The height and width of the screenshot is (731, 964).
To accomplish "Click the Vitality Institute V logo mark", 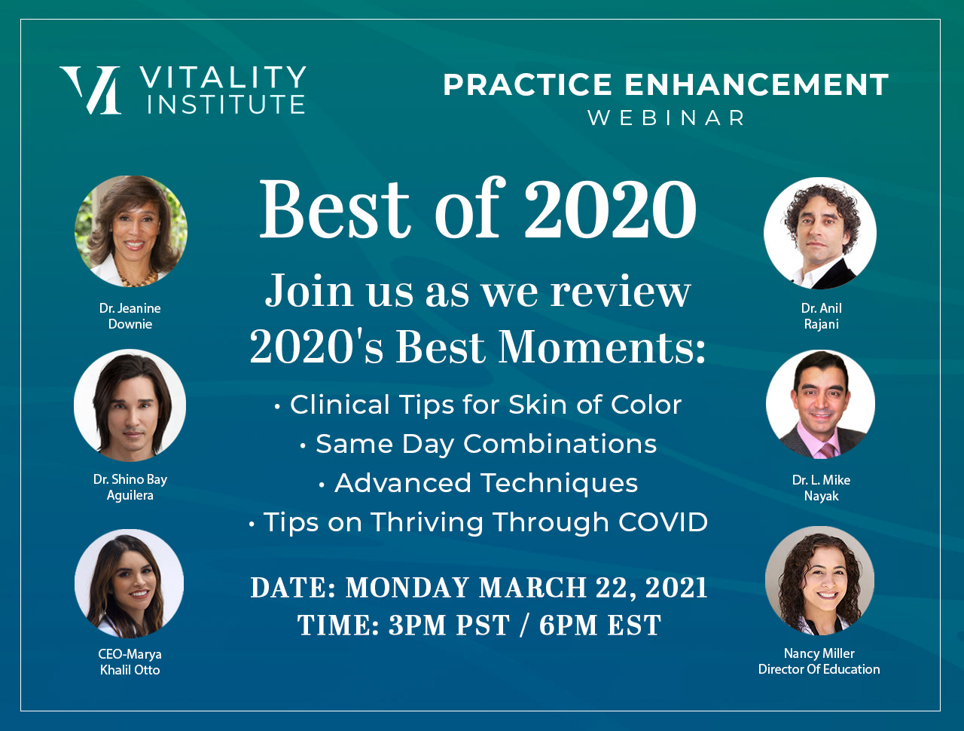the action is point(91,90).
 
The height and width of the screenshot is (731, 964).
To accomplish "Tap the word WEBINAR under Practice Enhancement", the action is point(666,118).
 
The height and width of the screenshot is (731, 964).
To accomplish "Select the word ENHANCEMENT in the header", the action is point(756,84).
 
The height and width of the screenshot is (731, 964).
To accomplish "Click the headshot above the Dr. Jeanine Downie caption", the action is point(131,231).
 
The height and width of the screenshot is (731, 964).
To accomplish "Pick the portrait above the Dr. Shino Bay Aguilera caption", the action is point(130,405).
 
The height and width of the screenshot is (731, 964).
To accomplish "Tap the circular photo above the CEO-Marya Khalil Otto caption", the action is point(130,583).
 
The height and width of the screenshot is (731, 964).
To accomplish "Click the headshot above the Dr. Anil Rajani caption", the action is point(820,234).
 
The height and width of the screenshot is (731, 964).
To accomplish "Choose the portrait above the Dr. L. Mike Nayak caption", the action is point(820,404).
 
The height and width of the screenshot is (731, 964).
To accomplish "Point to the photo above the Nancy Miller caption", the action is point(819,581).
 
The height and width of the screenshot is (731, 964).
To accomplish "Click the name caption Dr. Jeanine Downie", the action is point(130,316).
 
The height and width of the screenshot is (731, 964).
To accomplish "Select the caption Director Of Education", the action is point(819,669).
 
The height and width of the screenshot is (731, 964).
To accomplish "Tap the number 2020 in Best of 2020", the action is point(611,209).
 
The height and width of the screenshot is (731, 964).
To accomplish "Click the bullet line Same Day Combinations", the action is point(479,444).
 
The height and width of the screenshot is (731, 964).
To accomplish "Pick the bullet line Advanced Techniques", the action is point(478,483).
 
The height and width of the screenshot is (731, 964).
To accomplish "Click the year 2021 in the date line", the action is point(676,587).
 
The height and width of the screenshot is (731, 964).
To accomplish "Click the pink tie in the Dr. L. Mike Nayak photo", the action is point(828,451).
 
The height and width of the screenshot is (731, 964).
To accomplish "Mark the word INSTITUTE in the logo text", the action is point(226,105).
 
